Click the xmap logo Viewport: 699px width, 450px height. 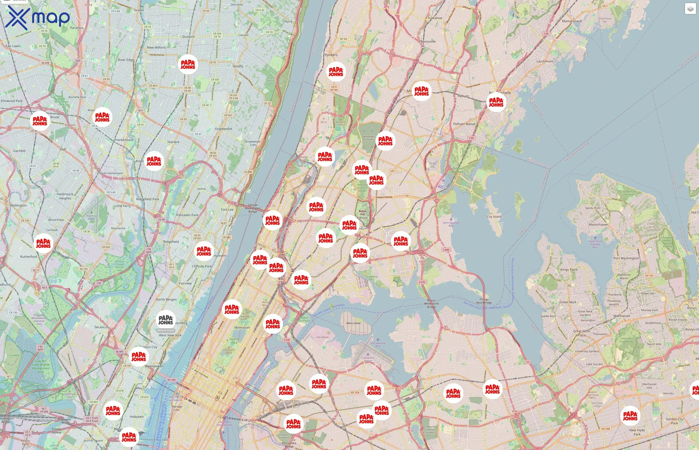(x=37, y=17)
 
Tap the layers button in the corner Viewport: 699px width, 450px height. (x=690, y=9)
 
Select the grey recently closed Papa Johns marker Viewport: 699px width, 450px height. (x=166, y=320)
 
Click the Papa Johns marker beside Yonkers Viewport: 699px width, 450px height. (x=336, y=71)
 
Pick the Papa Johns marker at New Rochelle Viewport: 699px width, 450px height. (x=496, y=102)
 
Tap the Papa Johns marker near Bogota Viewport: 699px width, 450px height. (x=154, y=161)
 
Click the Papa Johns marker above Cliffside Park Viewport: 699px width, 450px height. (x=204, y=251)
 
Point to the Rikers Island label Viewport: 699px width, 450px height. (x=353, y=323)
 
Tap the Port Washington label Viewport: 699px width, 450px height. (x=626, y=258)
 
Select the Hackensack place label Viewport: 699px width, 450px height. (x=124, y=140)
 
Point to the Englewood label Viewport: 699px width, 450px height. (x=223, y=129)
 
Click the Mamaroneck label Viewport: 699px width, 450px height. (x=572, y=21)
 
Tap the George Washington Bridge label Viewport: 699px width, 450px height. (x=253, y=208)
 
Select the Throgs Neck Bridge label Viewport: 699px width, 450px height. (x=484, y=301)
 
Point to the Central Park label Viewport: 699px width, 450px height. (x=234, y=341)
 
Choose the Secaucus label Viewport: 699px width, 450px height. (x=101, y=327)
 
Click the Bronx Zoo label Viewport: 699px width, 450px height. (x=362, y=212)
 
